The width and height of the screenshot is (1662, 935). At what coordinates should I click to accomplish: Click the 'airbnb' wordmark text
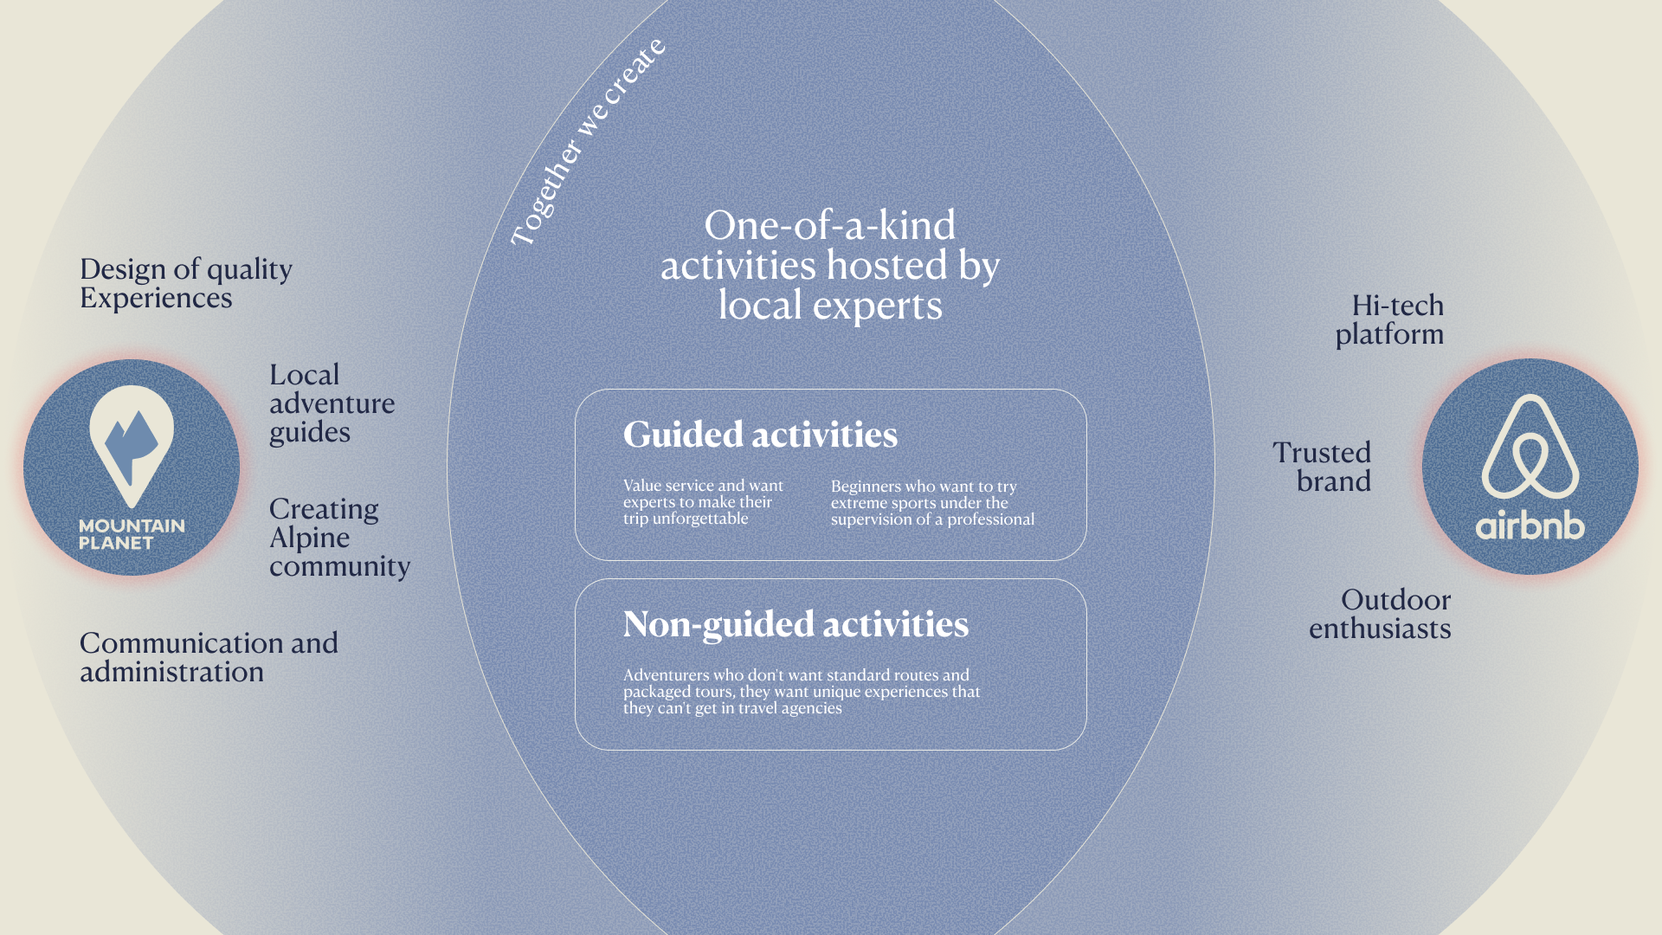(1530, 526)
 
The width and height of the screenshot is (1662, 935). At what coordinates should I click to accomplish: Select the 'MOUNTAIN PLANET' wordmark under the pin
(132, 534)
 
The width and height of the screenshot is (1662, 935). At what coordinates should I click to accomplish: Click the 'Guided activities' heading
(760, 435)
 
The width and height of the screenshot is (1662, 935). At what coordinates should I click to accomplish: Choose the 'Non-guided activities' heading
(796, 624)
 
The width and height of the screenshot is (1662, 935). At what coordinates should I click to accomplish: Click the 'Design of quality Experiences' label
(185, 283)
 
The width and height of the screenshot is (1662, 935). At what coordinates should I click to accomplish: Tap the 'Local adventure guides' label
(332, 403)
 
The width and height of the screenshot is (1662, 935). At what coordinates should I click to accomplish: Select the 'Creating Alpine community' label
(338, 537)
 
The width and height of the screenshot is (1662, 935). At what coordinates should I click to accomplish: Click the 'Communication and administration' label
(209, 657)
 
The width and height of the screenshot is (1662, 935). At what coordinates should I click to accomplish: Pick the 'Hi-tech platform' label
(1390, 319)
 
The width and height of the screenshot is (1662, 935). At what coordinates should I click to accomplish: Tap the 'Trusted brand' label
(1322, 467)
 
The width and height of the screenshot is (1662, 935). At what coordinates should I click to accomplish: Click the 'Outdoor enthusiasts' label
(1380, 614)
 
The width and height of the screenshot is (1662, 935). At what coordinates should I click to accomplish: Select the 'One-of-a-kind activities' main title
(830, 265)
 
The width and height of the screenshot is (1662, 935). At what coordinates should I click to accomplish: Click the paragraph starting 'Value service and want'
(703, 502)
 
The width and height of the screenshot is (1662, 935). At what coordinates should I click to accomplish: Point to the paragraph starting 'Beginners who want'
(932, 503)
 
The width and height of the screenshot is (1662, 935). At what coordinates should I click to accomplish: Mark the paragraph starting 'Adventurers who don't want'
(802, 691)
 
